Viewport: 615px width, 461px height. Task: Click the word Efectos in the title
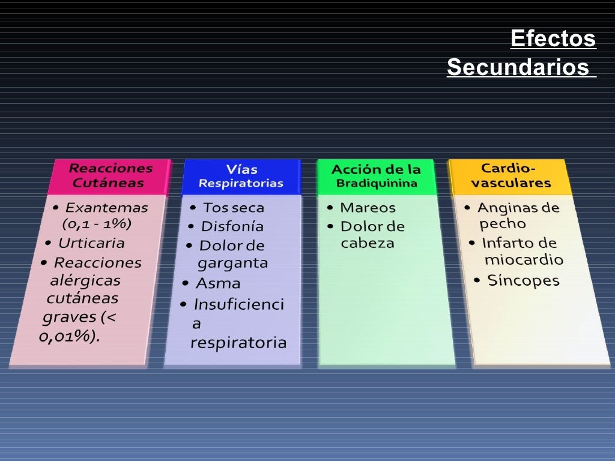coord(553,39)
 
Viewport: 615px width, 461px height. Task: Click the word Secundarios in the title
coord(518,67)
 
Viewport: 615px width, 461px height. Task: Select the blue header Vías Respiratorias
coord(241,176)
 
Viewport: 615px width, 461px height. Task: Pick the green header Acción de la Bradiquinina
coord(376,176)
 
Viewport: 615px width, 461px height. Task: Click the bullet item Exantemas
coord(106,208)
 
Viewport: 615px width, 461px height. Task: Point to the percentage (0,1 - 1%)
coord(97,224)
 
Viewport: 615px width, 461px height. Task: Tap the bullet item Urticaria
coord(91,243)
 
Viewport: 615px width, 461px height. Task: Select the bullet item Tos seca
coord(233,208)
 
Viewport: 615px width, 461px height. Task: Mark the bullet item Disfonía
coord(232,226)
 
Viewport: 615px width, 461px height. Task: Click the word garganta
coord(232,263)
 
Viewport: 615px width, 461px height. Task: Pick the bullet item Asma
coord(218,283)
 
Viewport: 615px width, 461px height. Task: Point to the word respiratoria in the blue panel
coord(238,343)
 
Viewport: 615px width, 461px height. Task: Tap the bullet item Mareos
coord(368,208)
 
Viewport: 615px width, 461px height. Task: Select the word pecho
coord(503,224)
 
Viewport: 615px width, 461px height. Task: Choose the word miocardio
coord(524,260)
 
